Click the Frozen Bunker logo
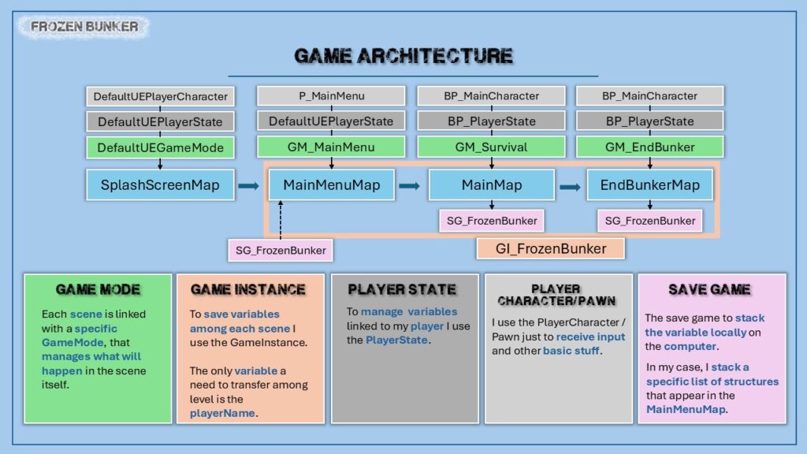[85, 28]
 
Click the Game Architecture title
[403, 56]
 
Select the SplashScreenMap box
[160, 186]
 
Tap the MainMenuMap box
[331, 186]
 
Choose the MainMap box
[492, 186]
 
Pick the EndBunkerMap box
[649, 186]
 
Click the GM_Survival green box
[492, 147]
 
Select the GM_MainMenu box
[331, 147]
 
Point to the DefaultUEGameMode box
[160, 147]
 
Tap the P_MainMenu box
[331, 96]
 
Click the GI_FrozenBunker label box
[551, 249]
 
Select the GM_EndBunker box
[649, 147]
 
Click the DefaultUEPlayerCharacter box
[160, 96]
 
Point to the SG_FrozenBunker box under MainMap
[492, 221]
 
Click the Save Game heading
[709, 290]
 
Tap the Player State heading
[402, 290]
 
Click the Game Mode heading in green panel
[98, 290]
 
